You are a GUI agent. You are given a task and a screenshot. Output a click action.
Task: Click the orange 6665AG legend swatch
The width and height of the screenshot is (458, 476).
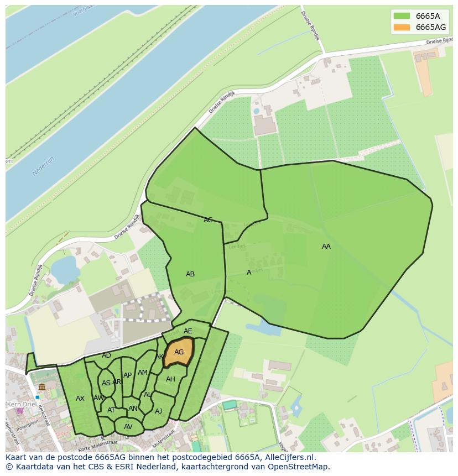[402, 27]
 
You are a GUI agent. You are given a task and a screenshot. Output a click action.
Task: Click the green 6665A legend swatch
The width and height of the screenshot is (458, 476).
[402, 16]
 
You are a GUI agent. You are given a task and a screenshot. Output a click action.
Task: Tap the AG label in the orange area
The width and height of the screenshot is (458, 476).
[179, 352]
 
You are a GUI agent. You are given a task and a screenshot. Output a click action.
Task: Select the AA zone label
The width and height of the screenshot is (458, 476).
[326, 247]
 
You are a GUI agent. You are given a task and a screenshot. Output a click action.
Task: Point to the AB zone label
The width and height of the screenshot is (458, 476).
[190, 274]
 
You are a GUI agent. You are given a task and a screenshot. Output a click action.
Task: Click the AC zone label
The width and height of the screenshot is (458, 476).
[208, 220]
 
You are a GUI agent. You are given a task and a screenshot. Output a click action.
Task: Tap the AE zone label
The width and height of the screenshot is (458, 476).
[188, 331]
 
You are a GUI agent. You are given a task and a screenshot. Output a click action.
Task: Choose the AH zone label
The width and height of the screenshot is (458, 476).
[170, 379]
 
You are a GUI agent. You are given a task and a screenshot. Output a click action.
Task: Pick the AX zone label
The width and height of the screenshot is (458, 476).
[80, 399]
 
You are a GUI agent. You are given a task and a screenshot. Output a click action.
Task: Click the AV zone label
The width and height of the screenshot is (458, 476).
[128, 427]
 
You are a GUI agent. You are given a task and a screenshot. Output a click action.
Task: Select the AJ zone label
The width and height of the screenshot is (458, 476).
[158, 411]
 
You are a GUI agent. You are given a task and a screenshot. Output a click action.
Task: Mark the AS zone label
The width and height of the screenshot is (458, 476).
[106, 383]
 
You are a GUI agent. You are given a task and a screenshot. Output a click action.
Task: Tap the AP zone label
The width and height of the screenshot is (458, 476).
[127, 375]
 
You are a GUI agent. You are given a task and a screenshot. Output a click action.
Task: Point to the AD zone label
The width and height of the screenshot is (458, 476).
[106, 355]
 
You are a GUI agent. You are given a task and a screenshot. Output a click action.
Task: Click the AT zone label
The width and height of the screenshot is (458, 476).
[111, 410]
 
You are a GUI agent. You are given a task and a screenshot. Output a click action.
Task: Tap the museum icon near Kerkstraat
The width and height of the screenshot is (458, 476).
[42, 386]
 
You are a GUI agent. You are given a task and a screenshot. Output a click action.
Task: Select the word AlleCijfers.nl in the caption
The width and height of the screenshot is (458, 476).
[288, 457]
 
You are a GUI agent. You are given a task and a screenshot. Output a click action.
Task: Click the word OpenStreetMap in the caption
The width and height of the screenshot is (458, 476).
[299, 467]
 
